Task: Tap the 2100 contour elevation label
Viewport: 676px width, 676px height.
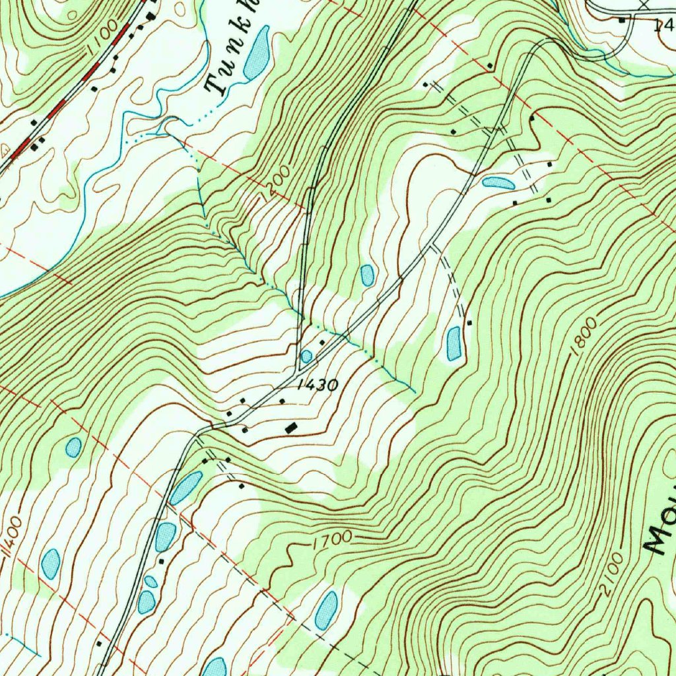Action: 612,574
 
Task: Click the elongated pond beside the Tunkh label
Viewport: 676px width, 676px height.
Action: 256,53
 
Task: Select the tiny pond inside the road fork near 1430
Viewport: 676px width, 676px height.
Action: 306,356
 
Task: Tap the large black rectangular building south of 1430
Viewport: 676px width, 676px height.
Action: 290,428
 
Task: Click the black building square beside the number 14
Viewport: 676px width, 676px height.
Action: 622,20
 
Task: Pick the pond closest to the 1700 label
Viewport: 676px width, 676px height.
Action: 326,609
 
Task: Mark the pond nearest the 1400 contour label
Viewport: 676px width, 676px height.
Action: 51,564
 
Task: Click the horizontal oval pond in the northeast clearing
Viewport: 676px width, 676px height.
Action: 498,183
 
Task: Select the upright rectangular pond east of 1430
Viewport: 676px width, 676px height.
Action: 454,343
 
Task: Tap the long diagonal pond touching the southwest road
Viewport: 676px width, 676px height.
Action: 186,488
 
